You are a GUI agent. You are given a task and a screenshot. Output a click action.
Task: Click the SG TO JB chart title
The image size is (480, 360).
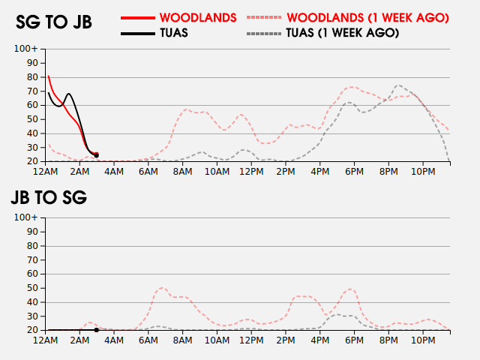[54, 22]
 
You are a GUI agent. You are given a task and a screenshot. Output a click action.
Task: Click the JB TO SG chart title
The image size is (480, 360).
[49, 198]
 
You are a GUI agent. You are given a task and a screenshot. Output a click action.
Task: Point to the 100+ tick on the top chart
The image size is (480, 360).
[26, 49]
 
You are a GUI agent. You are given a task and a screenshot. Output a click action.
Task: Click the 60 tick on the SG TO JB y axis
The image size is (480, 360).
[32, 105]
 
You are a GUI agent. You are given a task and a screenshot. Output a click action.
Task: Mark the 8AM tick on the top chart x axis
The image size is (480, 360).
[182, 172]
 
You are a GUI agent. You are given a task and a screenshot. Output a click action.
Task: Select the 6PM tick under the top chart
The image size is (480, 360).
[353, 172]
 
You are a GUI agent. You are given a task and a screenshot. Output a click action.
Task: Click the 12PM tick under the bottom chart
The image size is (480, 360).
[250, 340]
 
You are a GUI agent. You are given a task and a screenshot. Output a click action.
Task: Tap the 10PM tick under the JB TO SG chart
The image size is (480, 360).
[422, 340]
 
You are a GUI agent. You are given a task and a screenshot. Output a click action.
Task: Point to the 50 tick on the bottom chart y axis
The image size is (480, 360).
[32, 288]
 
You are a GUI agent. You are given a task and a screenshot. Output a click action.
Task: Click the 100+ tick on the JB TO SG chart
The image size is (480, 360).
[26, 217]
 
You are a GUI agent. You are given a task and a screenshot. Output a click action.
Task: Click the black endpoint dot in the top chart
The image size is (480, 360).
[96, 155]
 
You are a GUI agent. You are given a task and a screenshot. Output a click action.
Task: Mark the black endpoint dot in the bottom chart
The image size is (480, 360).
[96, 330]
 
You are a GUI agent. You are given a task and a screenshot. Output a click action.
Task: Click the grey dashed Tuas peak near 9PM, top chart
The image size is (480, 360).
[399, 85]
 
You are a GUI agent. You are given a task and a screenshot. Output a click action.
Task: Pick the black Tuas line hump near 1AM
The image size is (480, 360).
[68, 94]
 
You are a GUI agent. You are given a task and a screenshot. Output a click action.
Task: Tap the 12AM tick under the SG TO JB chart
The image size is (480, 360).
[46, 172]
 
